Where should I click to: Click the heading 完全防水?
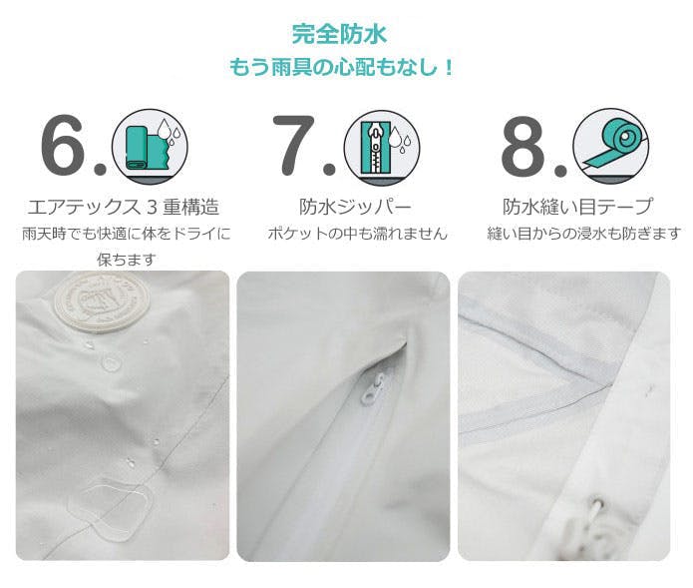(x=339, y=34)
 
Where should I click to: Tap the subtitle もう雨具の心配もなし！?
(x=341, y=68)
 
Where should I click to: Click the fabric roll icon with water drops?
(x=150, y=147)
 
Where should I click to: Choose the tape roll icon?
(x=611, y=147)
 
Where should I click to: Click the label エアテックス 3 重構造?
(x=124, y=207)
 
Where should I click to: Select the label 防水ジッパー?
(x=355, y=207)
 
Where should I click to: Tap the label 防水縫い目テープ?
(x=577, y=207)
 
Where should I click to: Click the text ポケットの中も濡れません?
(x=357, y=234)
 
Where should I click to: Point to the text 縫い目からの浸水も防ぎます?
(x=583, y=234)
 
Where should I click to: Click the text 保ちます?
(x=127, y=260)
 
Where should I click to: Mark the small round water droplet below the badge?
(x=111, y=363)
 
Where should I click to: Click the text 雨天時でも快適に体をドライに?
(x=127, y=234)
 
